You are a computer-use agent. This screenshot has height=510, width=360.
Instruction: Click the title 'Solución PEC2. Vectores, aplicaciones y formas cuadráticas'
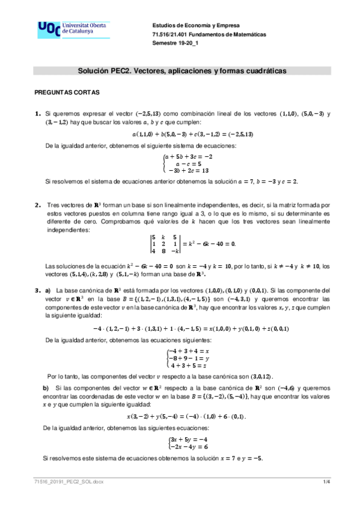point(182,71)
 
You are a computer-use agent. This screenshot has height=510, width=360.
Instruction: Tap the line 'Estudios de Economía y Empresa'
point(196,26)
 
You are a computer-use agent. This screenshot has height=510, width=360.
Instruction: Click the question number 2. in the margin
point(38,205)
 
